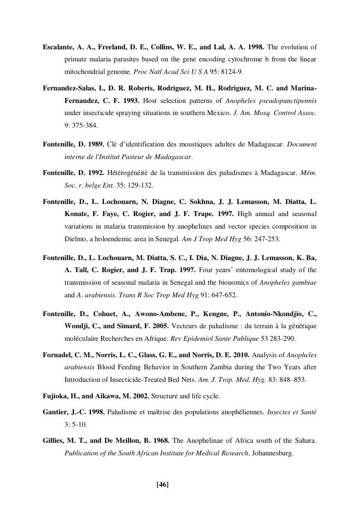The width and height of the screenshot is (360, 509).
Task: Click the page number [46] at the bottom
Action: coord(162,484)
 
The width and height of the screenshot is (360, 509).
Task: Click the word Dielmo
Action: coord(75,239)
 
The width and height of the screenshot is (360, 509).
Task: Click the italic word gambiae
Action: coord(304,282)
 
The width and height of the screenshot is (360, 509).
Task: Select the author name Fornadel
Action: coord(58,355)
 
